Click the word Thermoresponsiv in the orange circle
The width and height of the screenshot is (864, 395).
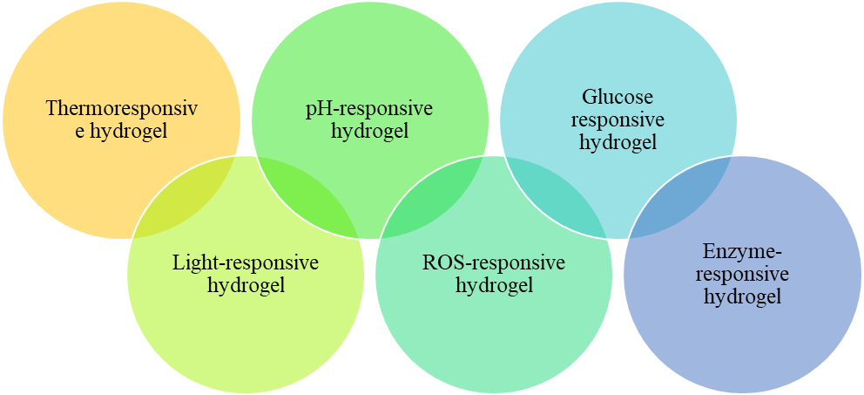click(x=121, y=109)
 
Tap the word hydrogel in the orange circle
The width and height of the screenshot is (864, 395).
click(x=129, y=132)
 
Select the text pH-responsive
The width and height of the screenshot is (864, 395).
click(x=369, y=109)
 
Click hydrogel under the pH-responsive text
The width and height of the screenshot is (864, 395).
click(x=369, y=132)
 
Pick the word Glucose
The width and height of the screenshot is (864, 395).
click(x=618, y=96)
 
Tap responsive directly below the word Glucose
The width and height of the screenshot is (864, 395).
click(x=618, y=119)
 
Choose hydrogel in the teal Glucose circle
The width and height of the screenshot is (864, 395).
click(x=618, y=142)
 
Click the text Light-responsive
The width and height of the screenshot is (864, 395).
click(x=246, y=262)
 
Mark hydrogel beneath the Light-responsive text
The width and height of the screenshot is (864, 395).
click(x=246, y=285)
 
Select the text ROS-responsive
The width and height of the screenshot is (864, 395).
click(x=493, y=262)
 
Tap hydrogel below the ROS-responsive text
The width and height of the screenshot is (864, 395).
click(x=493, y=285)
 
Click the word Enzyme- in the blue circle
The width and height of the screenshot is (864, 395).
click(x=742, y=252)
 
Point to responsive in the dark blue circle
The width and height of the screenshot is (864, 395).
click(x=742, y=275)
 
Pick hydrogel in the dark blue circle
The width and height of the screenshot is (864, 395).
click(x=742, y=297)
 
